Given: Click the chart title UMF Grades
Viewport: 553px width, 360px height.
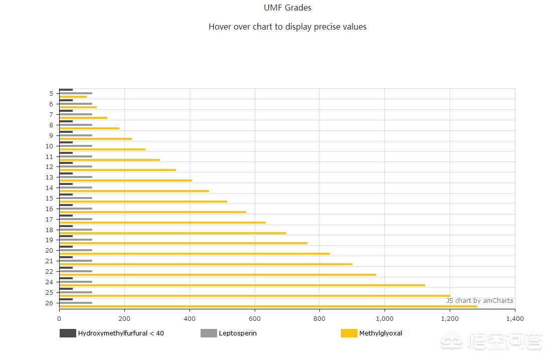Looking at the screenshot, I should pyautogui.click(x=287, y=8).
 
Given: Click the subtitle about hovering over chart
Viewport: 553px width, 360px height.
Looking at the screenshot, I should pyautogui.click(x=287, y=27).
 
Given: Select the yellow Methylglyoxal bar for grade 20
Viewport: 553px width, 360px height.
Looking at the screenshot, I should pyautogui.click(x=195, y=254).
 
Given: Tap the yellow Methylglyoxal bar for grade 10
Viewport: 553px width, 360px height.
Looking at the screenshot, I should pyautogui.click(x=102, y=149).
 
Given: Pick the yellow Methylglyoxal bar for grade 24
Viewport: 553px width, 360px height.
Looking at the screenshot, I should pyautogui.click(x=242, y=285).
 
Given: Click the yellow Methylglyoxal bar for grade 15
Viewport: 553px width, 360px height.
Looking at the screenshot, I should pyautogui.click(x=143, y=202).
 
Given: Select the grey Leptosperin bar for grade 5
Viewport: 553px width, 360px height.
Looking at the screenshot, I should pyautogui.click(x=76, y=93).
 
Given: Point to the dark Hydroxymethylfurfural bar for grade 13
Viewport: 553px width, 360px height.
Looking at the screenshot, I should pyautogui.click(x=66, y=173).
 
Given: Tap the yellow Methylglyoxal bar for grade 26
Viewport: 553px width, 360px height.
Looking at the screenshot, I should pyautogui.click(x=268, y=306).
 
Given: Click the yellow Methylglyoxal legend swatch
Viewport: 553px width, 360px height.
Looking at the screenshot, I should pyautogui.click(x=349, y=333).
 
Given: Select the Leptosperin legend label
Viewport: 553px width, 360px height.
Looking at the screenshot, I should pyautogui.click(x=238, y=333).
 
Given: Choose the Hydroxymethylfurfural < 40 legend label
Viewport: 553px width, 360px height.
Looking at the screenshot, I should pyautogui.click(x=121, y=333).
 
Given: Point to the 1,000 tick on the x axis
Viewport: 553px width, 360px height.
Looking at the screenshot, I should pyautogui.click(x=385, y=318).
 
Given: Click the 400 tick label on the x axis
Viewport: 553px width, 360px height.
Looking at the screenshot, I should pyautogui.click(x=190, y=318).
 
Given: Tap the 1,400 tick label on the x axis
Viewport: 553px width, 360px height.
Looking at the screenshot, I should pyautogui.click(x=514, y=318).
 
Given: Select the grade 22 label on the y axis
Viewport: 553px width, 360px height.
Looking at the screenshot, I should pyautogui.click(x=49, y=271).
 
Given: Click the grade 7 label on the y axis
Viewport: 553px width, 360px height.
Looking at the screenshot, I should pyautogui.click(x=51, y=114).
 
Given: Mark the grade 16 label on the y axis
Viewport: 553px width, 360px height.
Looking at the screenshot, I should pyautogui.click(x=49, y=209).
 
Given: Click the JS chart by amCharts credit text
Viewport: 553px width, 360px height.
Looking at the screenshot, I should pyautogui.click(x=480, y=300).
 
